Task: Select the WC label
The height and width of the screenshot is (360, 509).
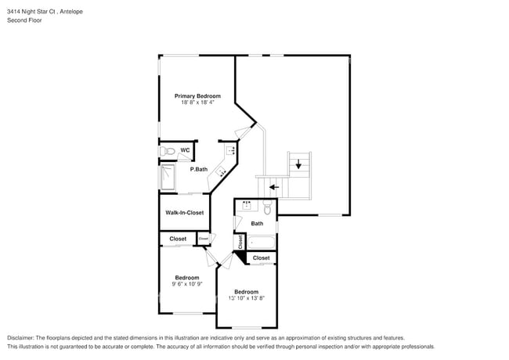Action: click(x=185, y=150)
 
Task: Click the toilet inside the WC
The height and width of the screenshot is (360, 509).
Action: click(x=167, y=151)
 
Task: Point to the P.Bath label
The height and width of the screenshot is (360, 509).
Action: click(x=198, y=169)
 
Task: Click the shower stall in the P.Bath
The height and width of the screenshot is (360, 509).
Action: click(x=168, y=178)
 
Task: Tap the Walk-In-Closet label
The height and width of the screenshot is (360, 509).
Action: click(x=184, y=213)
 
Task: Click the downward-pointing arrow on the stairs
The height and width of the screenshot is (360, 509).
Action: click(x=298, y=164)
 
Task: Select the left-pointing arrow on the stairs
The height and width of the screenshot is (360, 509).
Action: click(x=273, y=188)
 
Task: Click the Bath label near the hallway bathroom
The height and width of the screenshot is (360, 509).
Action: click(x=257, y=224)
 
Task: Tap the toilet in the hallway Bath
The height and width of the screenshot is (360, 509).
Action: click(x=268, y=208)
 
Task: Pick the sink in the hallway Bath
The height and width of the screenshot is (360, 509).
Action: click(x=247, y=207)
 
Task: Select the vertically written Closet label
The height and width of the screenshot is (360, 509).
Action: click(x=240, y=243)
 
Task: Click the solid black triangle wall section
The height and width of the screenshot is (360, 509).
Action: click(x=240, y=257)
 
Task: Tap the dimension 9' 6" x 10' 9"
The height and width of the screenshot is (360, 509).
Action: click(x=187, y=284)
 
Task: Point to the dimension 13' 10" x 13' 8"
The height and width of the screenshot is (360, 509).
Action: click(x=246, y=298)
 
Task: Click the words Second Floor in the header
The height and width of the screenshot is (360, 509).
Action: click(x=25, y=20)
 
